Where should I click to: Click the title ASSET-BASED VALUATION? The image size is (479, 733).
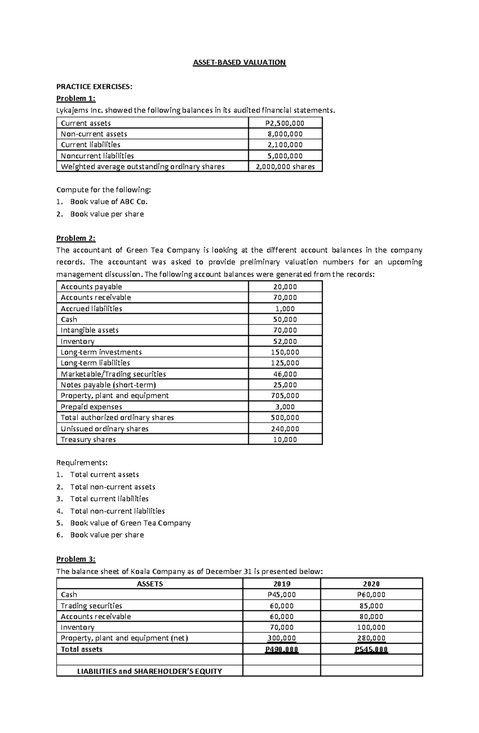(239, 62)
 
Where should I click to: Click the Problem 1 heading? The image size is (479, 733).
(76, 98)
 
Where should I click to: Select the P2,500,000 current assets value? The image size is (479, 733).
(285, 123)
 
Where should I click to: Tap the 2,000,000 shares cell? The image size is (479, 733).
(285, 167)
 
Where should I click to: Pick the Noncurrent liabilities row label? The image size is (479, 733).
(97, 156)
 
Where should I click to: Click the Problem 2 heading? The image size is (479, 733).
(76, 238)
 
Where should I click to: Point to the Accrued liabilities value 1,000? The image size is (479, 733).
(285, 308)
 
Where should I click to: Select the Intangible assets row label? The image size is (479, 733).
(89, 330)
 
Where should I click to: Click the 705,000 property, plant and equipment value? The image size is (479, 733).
(285, 395)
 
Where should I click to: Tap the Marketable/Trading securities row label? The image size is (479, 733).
(113, 374)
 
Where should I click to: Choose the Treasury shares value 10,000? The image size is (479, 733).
(285, 439)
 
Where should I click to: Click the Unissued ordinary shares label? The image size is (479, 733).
(104, 429)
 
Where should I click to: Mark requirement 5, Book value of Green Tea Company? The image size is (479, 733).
(130, 523)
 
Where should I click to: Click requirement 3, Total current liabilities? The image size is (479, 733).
(109, 499)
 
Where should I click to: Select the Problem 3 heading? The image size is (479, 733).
(76, 559)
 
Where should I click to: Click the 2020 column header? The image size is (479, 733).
(371, 584)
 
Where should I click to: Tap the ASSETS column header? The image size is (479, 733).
(150, 584)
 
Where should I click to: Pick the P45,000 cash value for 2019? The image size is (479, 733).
(281, 594)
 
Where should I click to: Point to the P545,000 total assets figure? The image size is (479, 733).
(371, 649)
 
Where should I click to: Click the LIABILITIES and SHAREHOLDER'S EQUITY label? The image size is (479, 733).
(149, 671)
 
